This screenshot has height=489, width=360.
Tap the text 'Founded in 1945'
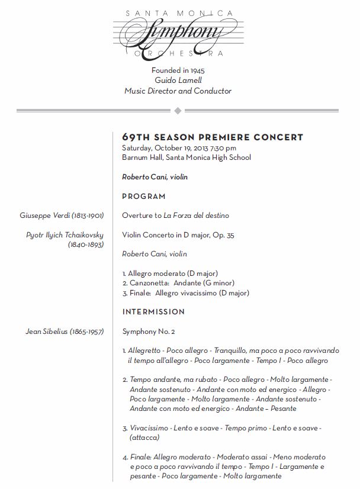coord(178,70)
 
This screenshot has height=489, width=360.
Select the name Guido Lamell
coord(178,81)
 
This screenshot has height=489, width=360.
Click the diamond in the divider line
coord(178,111)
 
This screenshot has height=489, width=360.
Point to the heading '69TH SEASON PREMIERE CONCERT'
coord(213,137)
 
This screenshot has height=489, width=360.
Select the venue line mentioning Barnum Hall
coord(186,157)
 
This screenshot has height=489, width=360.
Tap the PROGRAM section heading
coord(144,197)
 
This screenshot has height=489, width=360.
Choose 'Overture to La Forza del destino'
coord(175,215)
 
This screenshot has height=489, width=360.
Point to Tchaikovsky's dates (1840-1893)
coord(86,244)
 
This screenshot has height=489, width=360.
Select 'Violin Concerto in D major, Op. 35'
coord(178,235)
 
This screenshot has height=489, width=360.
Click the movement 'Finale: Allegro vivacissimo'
coord(185,292)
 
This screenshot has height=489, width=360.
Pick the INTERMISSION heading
coord(153,312)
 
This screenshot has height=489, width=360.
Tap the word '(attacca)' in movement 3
coord(144,437)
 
